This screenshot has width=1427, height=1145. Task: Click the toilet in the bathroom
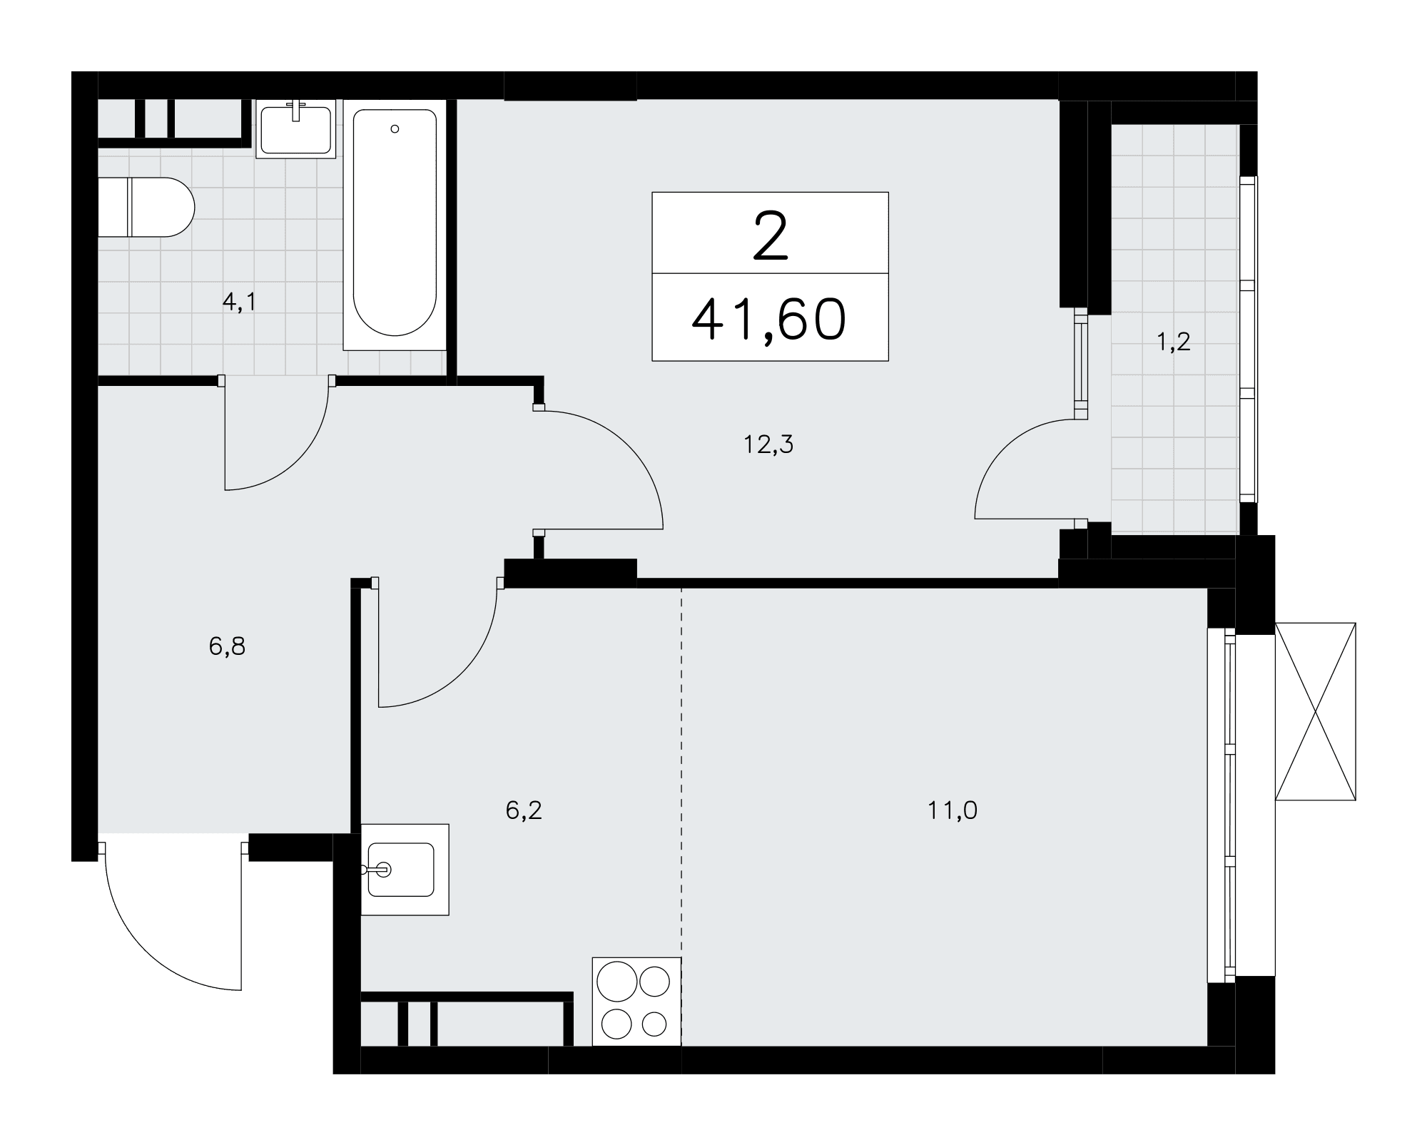(x=146, y=207)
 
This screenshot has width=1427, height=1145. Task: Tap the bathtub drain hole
(x=395, y=129)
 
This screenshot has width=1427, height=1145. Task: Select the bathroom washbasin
(x=296, y=129)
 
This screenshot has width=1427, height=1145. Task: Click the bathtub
(x=395, y=225)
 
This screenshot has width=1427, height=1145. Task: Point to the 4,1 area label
(x=239, y=302)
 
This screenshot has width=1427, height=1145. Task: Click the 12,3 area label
(x=768, y=445)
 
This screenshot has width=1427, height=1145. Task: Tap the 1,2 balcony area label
(x=1174, y=343)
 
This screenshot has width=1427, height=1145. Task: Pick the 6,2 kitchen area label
(x=524, y=810)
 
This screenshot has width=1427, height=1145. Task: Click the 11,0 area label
(x=953, y=810)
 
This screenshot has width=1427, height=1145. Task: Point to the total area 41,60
(x=769, y=319)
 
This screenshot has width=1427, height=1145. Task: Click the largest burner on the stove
(x=617, y=982)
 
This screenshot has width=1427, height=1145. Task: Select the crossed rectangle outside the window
(x=1315, y=711)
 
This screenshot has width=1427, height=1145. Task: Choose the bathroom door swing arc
(x=296, y=460)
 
